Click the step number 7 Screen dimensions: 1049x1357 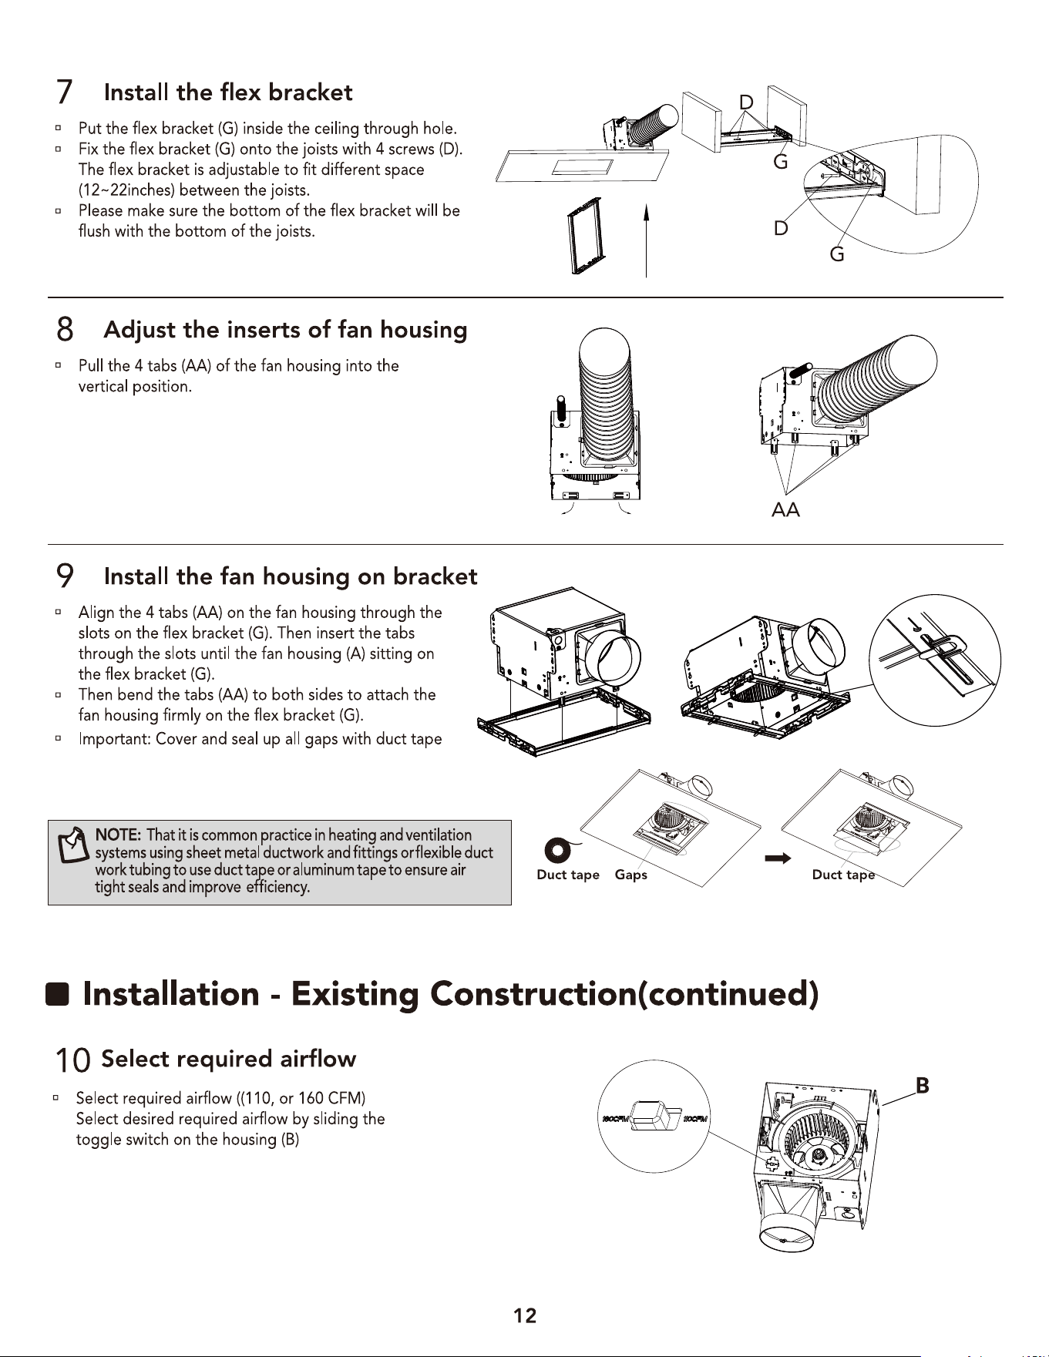tap(65, 93)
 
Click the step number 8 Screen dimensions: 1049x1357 tap(66, 330)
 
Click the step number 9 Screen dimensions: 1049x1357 tap(66, 576)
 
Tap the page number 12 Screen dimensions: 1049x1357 tap(525, 1315)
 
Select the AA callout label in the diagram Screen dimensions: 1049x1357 tap(785, 510)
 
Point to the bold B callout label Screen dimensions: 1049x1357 tap(922, 1086)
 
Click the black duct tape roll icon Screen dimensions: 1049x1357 tap(557, 851)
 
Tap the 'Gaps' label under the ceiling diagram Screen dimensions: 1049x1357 tap(631, 875)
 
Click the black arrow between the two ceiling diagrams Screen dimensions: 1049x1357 tap(778, 858)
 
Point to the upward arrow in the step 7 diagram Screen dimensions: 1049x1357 tap(646, 239)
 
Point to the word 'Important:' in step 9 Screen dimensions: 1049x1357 tap(115, 739)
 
